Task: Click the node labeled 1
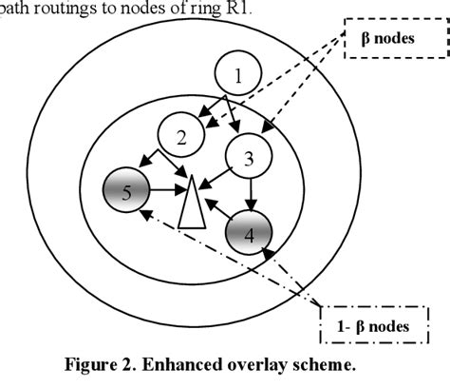point(238,73)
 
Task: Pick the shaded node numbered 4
point(250,231)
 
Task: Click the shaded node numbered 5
point(127,194)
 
